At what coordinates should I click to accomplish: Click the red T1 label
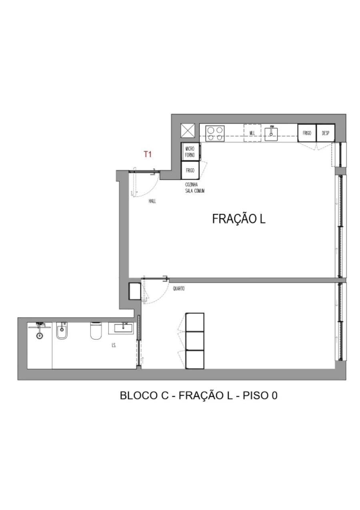pos(148,154)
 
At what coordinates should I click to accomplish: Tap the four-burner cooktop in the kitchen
pos(215,133)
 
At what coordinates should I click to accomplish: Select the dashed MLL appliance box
pos(252,133)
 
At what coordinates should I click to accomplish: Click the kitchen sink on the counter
pos(271,132)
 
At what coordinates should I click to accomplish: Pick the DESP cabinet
pos(325,133)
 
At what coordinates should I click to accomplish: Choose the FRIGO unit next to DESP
pos(307,133)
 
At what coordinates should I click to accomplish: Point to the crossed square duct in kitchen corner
pos(188,131)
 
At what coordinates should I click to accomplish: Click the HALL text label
pos(152,201)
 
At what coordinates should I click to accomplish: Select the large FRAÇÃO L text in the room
pos(239,219)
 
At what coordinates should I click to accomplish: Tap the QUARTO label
pos(179,289)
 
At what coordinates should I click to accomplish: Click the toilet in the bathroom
pos(96,331)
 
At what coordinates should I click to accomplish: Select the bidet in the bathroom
pos(62,331)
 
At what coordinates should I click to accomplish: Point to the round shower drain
pos(39,336)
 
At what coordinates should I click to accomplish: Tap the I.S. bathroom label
pos(114,345)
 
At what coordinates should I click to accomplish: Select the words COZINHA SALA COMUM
pos(195,188)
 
